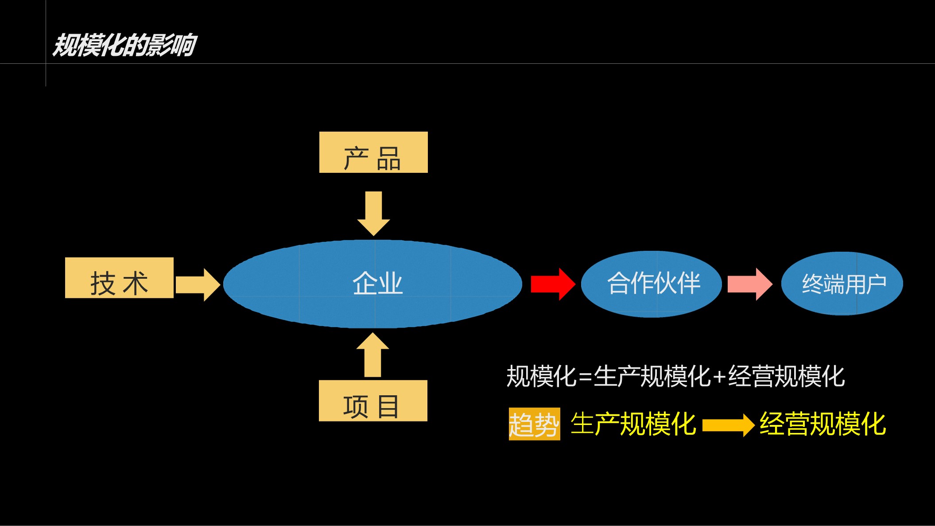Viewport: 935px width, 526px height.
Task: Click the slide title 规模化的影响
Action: [124, 45]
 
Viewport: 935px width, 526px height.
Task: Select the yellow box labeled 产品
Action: [373, 152]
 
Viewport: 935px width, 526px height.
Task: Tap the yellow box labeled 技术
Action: [119, 278]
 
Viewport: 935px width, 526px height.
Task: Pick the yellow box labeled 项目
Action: [373, 401]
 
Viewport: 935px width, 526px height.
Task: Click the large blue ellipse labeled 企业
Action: [372, 284]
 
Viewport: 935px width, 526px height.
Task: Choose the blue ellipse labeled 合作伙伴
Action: [651, 284]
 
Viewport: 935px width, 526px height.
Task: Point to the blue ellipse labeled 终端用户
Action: [842, 284]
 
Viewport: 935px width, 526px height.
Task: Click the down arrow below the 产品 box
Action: [373, 213]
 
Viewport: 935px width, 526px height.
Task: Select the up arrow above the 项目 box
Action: [372, 355]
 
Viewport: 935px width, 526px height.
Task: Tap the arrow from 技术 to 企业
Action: [198, 284]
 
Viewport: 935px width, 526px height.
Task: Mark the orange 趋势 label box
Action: [534, 424]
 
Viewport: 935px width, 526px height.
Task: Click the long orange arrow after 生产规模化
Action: [728, 425]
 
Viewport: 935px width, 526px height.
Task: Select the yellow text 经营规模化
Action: [822, 424]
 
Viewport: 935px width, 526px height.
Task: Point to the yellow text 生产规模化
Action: [633, 424]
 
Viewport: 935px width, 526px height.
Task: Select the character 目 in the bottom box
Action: [388, 407]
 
